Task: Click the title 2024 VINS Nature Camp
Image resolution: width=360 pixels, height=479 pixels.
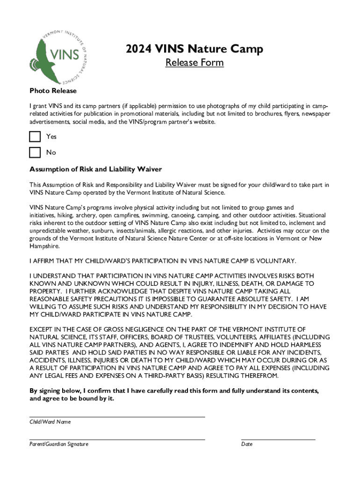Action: coord(194,49)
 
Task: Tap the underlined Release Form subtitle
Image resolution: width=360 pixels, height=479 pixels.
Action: coord(194,63)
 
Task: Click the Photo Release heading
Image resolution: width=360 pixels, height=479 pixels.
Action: coord(53,91)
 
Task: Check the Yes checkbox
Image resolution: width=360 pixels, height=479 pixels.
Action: coord(35,137)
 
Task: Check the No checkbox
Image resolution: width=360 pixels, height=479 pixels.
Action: coord(35,152)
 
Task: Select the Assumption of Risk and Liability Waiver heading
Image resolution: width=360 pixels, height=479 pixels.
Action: coord(96,169)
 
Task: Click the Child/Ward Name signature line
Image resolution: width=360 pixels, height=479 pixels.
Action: coord(117,416)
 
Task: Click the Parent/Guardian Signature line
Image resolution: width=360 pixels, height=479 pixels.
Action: coord(117,439)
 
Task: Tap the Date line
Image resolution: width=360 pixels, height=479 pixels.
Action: coord(278,439)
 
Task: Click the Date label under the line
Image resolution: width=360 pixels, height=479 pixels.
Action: coord(247,444)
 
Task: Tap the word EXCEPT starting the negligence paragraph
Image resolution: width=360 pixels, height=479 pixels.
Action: coord(41,329)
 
